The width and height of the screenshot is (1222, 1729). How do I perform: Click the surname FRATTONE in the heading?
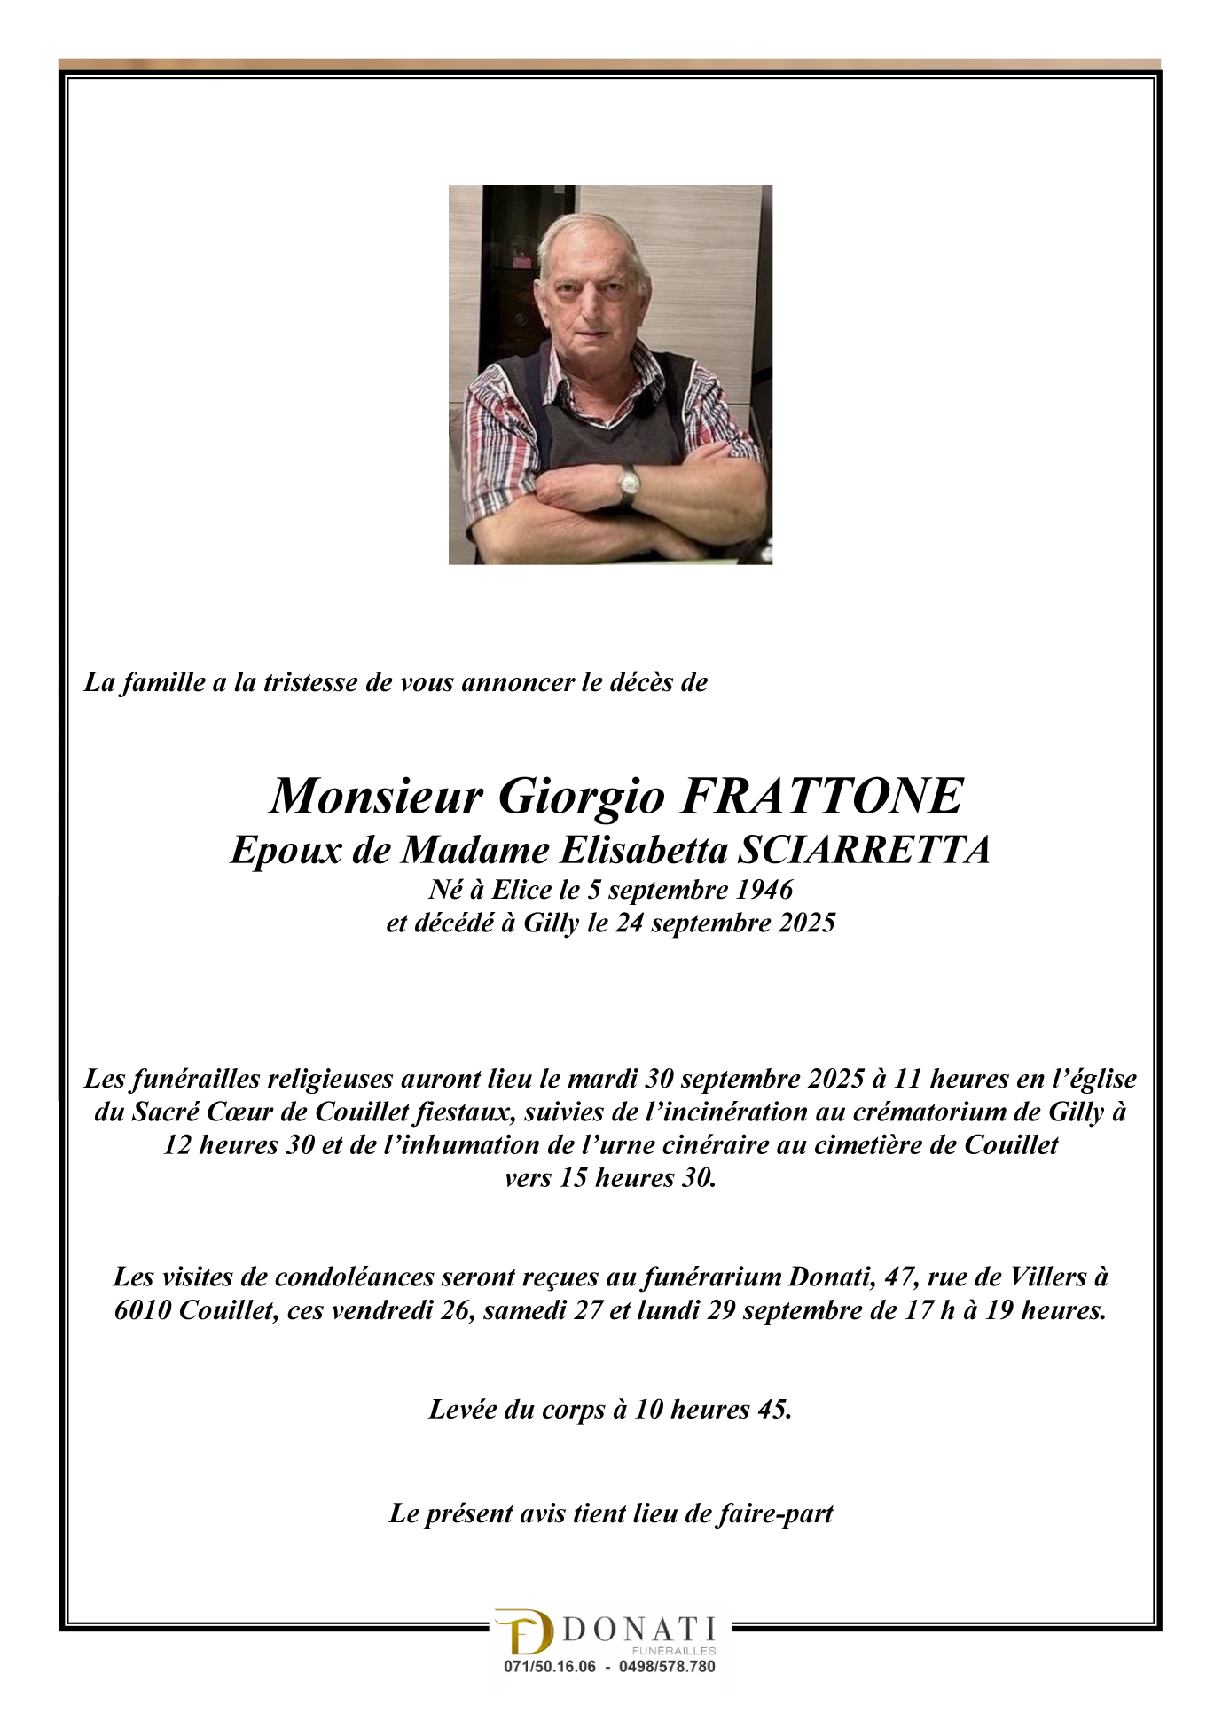click(821, 795)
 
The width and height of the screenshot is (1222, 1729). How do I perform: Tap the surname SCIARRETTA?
click(865, 850)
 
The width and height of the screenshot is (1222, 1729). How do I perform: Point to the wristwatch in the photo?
click(629, 483)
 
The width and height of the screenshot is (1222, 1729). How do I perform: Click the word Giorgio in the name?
click(581, 796)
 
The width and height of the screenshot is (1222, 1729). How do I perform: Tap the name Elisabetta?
click(644, 850)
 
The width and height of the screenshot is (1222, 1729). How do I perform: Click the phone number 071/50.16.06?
click(550, 1667)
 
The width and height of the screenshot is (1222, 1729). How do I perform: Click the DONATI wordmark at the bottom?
click(638, 1630)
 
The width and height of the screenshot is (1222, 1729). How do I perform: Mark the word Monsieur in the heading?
click(376, 796)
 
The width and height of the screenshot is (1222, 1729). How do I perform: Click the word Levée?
click(462, 1409)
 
